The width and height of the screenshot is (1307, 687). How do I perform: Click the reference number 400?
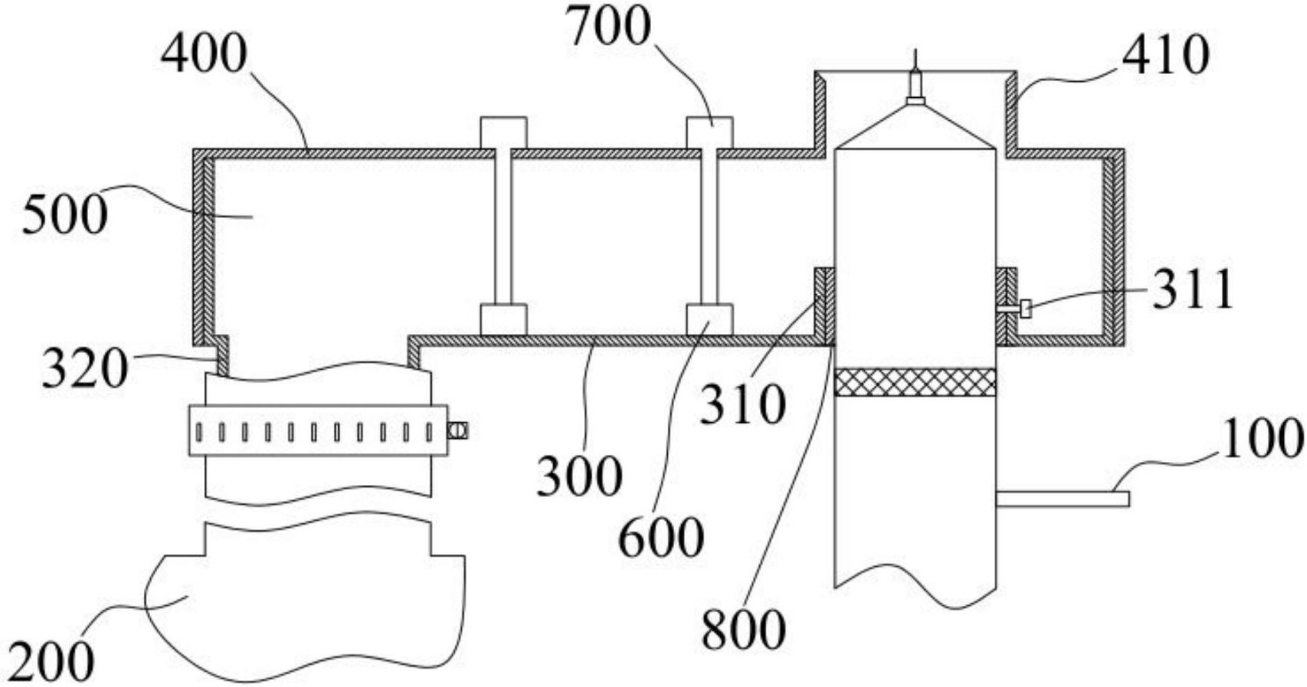point(203,54)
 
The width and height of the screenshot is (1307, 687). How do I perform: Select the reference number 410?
point(1165,55)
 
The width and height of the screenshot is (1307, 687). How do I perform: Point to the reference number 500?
point(64,215)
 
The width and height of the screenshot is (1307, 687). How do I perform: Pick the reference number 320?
point(85,368)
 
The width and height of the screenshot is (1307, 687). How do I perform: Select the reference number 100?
point(1262,438)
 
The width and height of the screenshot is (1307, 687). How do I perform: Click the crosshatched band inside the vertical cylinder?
point(915,382)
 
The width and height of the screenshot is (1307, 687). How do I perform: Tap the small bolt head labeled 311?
point(1025,308)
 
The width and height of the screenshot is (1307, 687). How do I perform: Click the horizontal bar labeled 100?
point(1062,499)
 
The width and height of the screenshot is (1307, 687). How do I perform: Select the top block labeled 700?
point(709,133)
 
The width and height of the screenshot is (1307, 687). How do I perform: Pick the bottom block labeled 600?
point(709,319)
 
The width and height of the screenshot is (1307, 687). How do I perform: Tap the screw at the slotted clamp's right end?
point(458,431)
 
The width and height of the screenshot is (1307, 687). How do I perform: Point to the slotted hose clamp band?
point(318,431)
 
